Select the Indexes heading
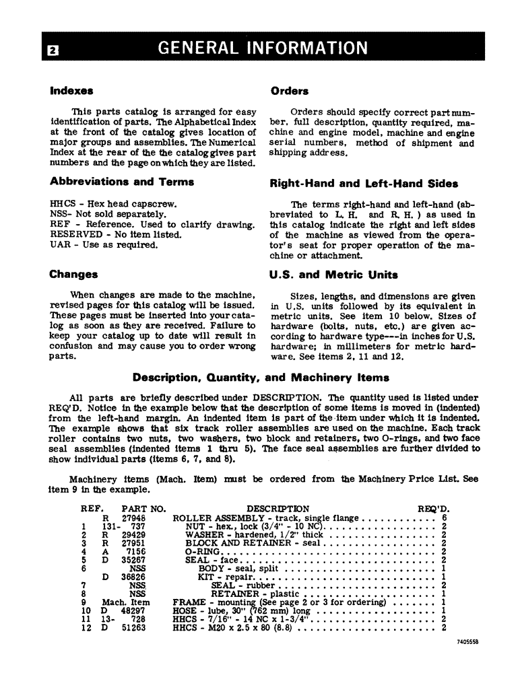tap(71, 90)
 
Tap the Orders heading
tap(289, 91)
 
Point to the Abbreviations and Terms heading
tap(121, 182)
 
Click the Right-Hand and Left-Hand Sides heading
tap(364, 183)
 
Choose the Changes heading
tap(73, 275)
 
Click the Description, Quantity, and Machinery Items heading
tap(261, 378)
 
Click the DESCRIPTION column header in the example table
tap(278, 509)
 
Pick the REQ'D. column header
tap(434, 509)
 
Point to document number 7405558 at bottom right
tap(465, 643)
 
